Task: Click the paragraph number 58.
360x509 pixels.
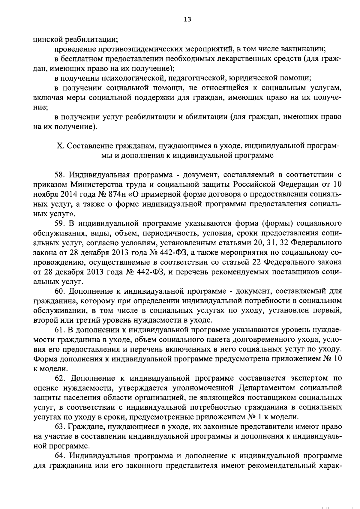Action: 59,175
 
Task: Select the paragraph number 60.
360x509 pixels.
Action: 59,291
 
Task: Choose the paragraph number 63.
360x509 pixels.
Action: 59,427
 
